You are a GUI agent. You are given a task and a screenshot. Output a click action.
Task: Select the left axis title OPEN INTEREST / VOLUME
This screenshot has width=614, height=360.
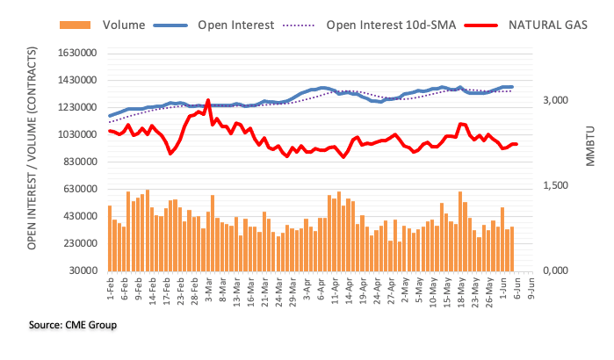tap(33, 162)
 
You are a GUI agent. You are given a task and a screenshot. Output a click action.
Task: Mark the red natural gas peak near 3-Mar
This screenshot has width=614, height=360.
tap(207, 101)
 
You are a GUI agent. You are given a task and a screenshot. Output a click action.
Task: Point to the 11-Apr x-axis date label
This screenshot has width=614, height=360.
tap(336, 289)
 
